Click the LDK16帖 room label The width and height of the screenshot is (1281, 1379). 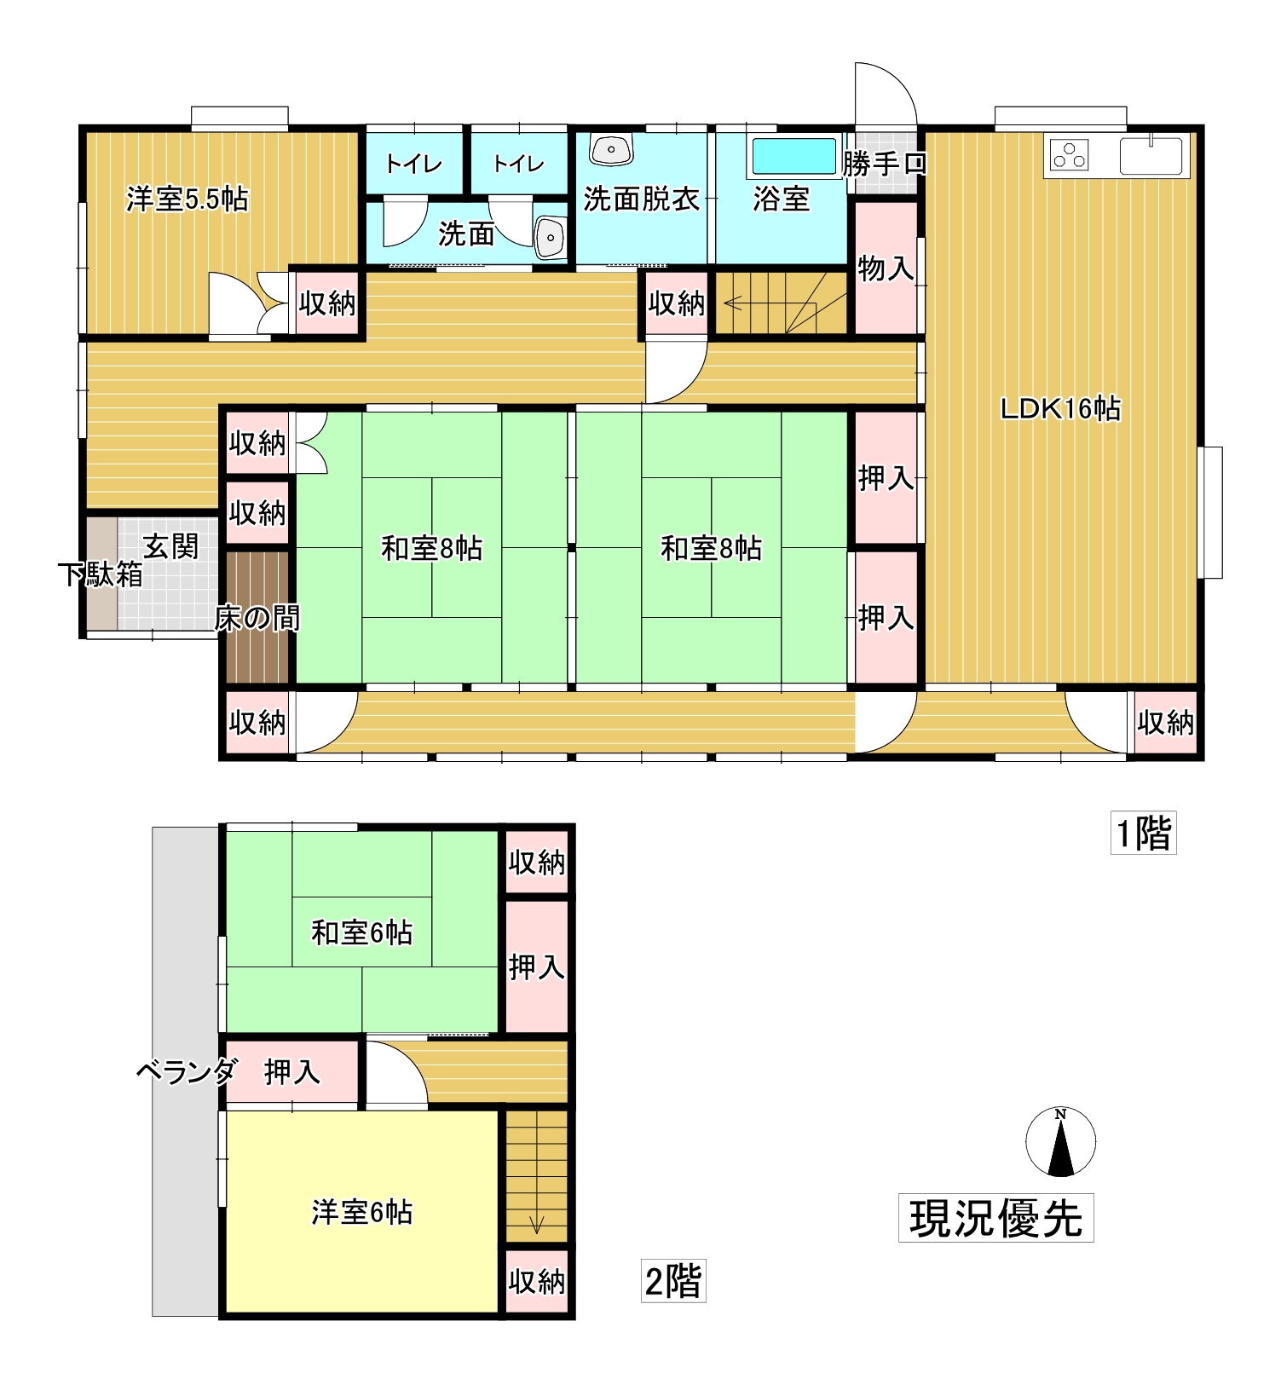pyautogui.click(x=1059, y=409)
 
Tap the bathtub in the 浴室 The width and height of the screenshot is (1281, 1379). pyautogui.click(x=793, y=157)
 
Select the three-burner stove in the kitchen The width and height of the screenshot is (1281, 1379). pyautogui.click(x=1069, y=155)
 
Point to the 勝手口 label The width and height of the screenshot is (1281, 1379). pyautogui.click(x=885, y=164)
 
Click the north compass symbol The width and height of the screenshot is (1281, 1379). pyautogui.click(x=1060, y=1142)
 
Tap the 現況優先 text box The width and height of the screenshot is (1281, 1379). pyautogui.click(x=995, y=1218)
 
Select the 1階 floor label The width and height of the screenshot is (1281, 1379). pyautogui.click(x=1143, y=833)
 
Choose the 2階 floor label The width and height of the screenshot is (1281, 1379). pyautogui.click(x=673, y=1281)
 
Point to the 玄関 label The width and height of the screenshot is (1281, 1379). pyautogui.click(x=170, y=546)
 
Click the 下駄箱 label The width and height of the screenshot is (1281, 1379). pyautogui.click(x=101, y=574)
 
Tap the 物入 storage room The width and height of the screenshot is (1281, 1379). pyautogui.click(x=886, y=268)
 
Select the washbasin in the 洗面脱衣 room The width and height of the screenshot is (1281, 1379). pyautogui.click(x=611, y=150)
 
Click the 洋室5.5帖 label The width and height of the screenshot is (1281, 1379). pyautogui.click(x=188, y=199)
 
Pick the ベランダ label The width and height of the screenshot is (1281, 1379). pyautogui.click(x=186, y=1071)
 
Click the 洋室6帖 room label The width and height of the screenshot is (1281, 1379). pyautogui.click(x=362, y=1212)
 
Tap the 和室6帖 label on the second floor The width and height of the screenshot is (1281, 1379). pyautogui.click(x=362, y=932)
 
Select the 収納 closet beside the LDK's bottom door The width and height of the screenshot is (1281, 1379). pyautogui.click(x=1165, y=723)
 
